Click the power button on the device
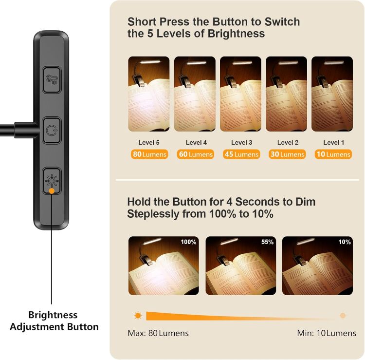pyautogui.click(x=51, y=130)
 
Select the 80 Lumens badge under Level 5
pyautogui.click(x=149, y=154)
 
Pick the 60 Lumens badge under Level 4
pyautogui.click(x=195, y=154)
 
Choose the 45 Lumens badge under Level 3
pyautogui.click(x=240, y=154)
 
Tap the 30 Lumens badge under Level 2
pyautogui.click(x=286, y=154)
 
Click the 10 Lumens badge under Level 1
pyautogui.click(x=332, y=154)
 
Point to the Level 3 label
pyautogui.click(x=240, y=142)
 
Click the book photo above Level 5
pyautogui.click(x=148, y=94)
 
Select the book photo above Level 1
pyautogui.click(x=332, y=94)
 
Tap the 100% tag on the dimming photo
pyautogui.click(x=188, y=242)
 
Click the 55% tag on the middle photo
pyautogui.click(x=267, y=242)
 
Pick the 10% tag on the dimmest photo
pyautogui.click(x=345, y=242)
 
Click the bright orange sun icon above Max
pyautogui.click(x=138, y=316)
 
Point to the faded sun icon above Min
pyautogui.click(x=343, y=316)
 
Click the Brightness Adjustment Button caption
pyautogui.click(x=54, y=321)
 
